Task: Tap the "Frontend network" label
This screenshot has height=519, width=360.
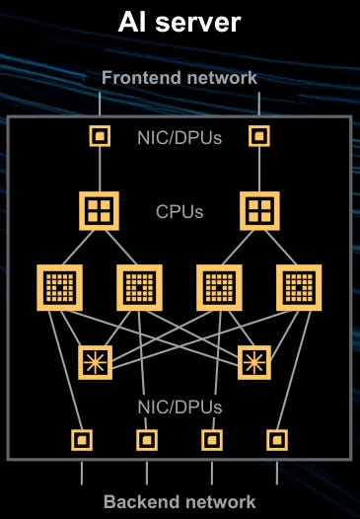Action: tap(180, 77)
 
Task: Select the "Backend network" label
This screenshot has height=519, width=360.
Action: tap(180, 502)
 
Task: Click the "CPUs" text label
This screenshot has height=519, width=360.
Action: tap(180, 210)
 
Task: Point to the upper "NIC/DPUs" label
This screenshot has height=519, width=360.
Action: tap(180, 137)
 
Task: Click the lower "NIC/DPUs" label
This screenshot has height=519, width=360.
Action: tap(180, 406)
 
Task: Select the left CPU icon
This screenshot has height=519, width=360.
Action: tap(100, 209)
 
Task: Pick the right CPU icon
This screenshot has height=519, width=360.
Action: tap(259, 209)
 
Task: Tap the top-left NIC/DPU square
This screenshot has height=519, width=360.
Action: tap(100, 135)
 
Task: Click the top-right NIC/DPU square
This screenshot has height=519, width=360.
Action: tap(259, 135)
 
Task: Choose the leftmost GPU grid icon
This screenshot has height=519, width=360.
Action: tap(59, 287)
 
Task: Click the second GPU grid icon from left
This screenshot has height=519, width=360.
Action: tap(138, 287)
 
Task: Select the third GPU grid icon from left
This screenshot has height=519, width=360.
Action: tap(219, 287)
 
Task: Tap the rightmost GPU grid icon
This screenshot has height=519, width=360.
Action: tap(298, 287)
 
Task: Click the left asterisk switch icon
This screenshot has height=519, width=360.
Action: tap(96, 360)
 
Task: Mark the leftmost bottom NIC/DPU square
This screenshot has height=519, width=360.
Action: tap(83, 438)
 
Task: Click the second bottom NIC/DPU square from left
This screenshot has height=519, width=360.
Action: tap(146, 438)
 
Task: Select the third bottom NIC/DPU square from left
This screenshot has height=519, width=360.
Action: tap(210, 438)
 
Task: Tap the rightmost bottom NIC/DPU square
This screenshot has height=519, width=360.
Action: tap(276, 438)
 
